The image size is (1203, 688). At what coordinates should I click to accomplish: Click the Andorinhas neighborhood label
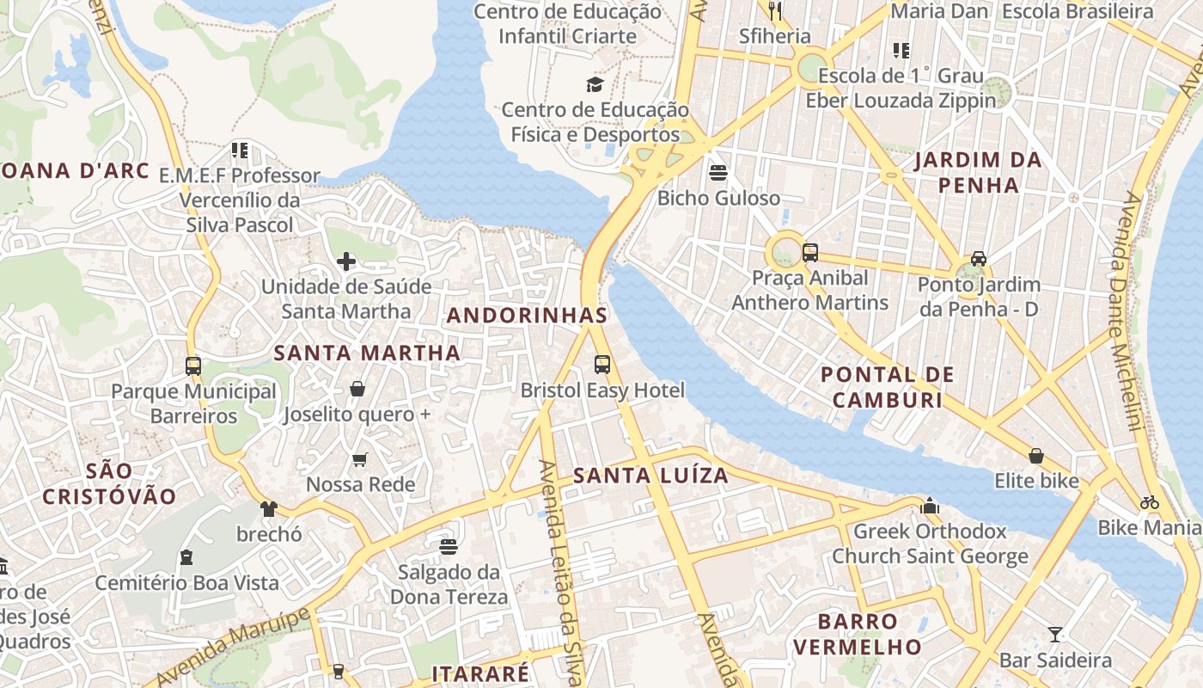coord(527,316)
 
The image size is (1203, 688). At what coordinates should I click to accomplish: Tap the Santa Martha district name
coord(367,353)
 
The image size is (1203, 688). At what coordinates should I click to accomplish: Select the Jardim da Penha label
coord(978,172)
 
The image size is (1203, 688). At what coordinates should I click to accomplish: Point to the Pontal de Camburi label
coord(888,387)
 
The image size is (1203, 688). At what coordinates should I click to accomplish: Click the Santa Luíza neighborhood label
coord(650,476)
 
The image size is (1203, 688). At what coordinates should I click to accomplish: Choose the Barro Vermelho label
coord(858,634)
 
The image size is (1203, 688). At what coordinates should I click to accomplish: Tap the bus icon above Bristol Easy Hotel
coord(602,365)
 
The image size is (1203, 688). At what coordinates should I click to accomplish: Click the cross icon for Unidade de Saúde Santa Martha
coord(346,261)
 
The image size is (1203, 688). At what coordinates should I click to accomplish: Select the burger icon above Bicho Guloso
coord(718,173)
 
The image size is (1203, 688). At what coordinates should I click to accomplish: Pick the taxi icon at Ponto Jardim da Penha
coord(978,259)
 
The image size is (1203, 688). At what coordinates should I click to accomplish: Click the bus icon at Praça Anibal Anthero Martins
coord(809,253)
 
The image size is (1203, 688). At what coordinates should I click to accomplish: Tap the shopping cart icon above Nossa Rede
coord(360,460)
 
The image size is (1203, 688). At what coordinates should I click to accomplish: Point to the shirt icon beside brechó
coord(269,509)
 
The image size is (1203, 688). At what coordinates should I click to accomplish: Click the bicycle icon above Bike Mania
coord(1149,502)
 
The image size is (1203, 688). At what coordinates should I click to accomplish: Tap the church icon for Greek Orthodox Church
coord(930,507)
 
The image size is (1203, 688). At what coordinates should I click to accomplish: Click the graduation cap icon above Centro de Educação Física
coord(595,84)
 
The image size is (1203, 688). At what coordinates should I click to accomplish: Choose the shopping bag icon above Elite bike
coord(1036,456)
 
